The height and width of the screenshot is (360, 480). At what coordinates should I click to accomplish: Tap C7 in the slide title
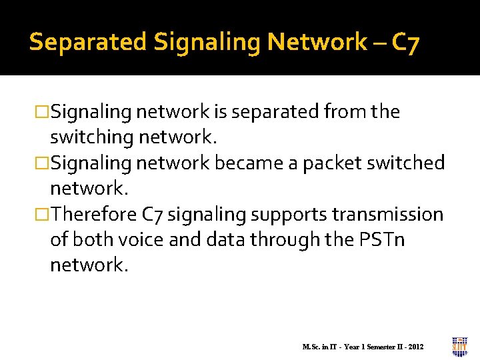click(x=405, y=42)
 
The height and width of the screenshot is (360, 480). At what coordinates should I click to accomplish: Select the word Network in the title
click(x=317, y=42)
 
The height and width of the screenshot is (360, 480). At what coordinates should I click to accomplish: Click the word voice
click(x=140, y=239)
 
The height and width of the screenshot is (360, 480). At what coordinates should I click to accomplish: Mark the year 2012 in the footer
click(x=415, y=347)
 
